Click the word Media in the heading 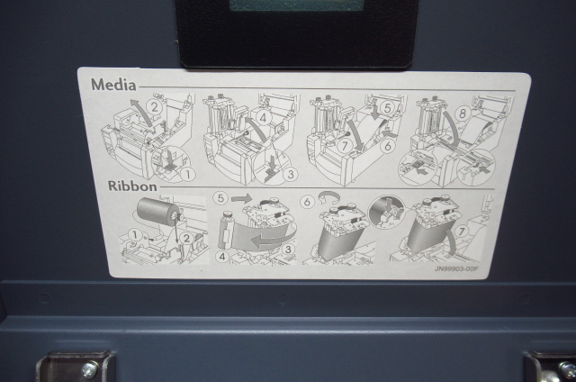coord(113,85)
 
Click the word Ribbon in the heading coord(132,186)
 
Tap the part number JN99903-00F coord(456,268)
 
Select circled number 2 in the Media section coord(155,107)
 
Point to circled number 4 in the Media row coord(263,118)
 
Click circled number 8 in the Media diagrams coord(463,114)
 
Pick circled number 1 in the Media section coord(188,174)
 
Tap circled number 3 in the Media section coord(291,174)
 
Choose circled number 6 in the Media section coord(388,146)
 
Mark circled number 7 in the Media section coord(344,146)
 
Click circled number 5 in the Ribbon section coord(220,198)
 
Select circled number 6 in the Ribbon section coord(308,202)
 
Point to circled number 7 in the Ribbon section coord(461,232)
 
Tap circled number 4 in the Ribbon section coord(222,257)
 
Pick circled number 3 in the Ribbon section coord(288,250)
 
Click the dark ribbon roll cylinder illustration coord(158,211)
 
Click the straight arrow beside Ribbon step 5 coord(242,199)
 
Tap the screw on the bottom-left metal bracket coord(89,369)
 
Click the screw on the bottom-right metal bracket coord(566,369)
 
